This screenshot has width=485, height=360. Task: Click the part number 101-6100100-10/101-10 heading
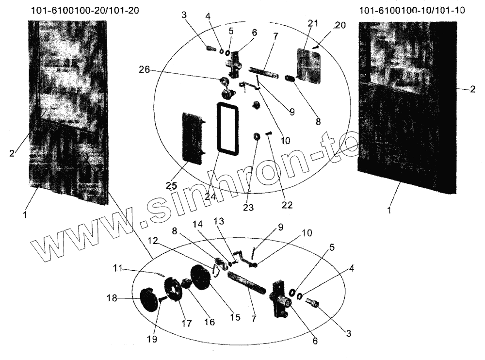pos(410,11)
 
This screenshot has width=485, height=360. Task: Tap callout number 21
pos(313,23)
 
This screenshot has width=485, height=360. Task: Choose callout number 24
pos(209,197)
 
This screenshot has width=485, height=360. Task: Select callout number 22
pos(287,205)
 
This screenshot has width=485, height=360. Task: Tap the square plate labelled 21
pos(309,65)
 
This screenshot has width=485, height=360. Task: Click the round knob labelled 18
pos(149,298)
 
